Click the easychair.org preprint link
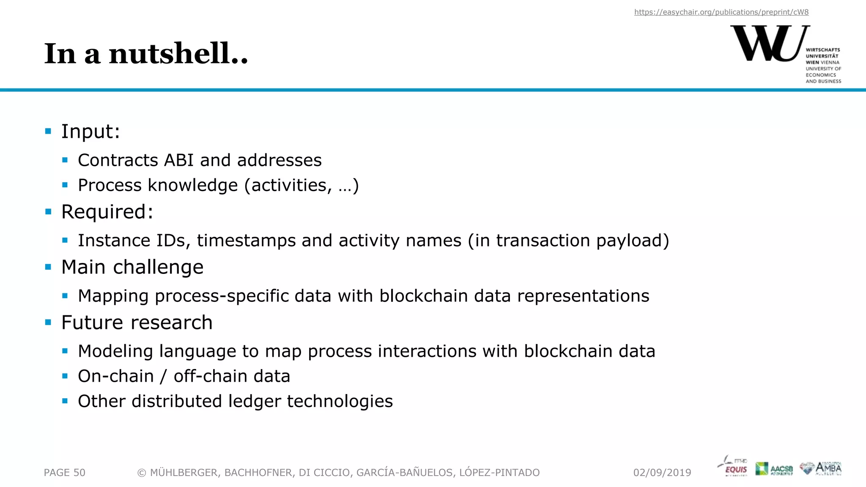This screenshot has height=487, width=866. click(721, 12)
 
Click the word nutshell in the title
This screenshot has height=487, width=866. click(178, 54)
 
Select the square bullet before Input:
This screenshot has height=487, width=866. click(48, 131)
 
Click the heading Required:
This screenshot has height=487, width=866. click(107, 212)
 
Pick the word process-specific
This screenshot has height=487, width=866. click(221, 296)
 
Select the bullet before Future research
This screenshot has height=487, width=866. click(48, 323)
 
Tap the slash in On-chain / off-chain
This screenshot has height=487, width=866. click(164, 377)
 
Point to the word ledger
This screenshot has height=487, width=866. click(255, 402)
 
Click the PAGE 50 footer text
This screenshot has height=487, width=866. click(64, 473)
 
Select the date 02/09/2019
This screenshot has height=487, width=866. click(662, 473)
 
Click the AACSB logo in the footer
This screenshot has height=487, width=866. click(774, 469)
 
